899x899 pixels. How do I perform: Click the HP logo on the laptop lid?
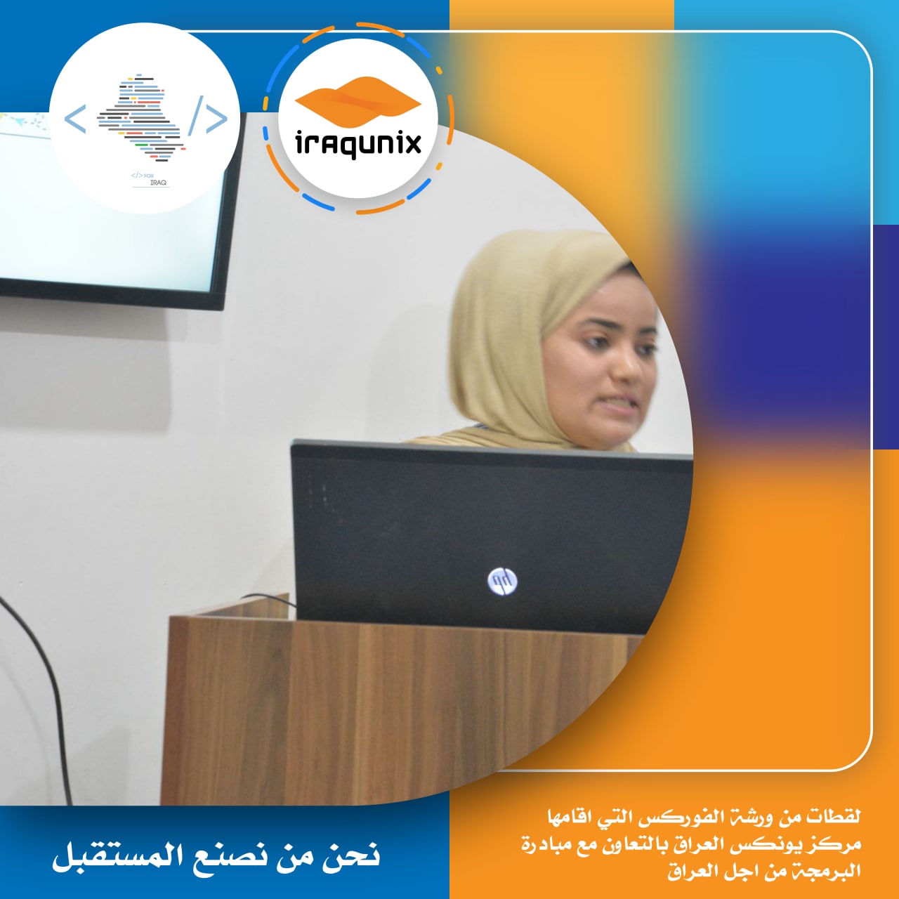[x=502, y=581]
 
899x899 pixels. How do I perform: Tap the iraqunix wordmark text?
[x=358, y=143]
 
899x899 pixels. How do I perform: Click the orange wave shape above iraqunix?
[x=358, y=99]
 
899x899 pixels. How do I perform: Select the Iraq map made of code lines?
[x=141, y=117]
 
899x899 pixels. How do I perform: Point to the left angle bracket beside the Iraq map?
[x=75, y=119]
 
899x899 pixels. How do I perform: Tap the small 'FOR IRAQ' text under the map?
[x=150, y=179]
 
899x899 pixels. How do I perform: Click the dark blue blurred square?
[x=789, y=336]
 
